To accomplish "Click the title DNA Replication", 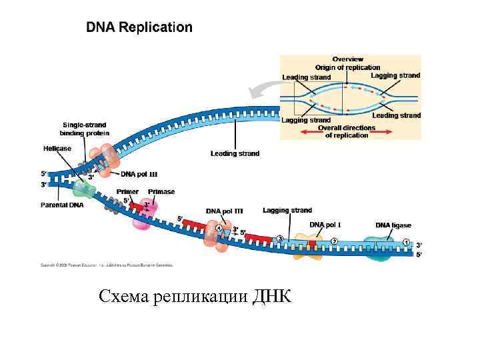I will [139, 27].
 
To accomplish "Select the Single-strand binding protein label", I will [85, 129].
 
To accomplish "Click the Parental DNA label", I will [62, 205].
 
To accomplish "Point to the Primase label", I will [161, 192].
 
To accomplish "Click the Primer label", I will [127, 192].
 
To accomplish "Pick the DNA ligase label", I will [393, 225].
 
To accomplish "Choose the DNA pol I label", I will [325, 225].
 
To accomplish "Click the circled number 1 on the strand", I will [406, 241].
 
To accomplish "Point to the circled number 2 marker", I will [334, 241].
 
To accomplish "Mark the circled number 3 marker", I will [280, 238].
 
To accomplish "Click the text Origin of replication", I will [347, 67].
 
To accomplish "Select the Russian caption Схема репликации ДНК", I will [195, 296].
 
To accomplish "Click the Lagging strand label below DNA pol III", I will [287, 211].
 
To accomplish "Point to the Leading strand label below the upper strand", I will [235, 153].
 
